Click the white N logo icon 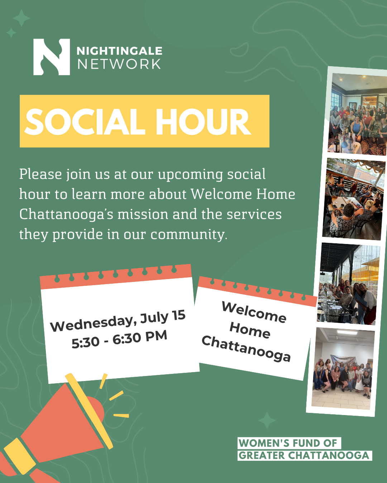52,57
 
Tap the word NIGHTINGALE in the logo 119,51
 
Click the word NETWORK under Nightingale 119,64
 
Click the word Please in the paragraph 40,174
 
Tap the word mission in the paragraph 143,214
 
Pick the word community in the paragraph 188,235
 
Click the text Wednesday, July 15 118,321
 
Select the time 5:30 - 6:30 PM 119,339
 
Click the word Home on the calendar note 250,330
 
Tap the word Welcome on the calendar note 254,312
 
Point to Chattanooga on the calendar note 246,348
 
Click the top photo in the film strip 358,114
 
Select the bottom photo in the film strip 343,368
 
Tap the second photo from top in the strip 354,199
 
